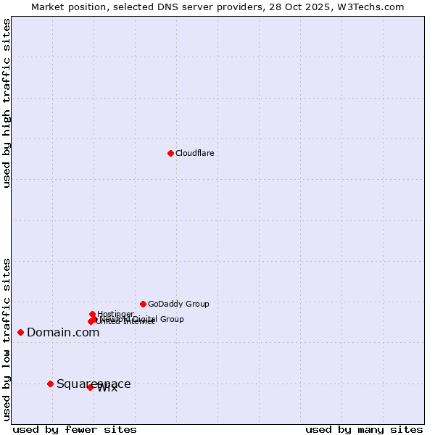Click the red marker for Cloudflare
(170, 153)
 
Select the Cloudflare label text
(194, 153)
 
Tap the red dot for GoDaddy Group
(143, 304)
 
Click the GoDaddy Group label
(178, 304)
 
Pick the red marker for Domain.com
(20, 332)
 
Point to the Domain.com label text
(63, 332)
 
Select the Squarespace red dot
(50, 384)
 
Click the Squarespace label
(94, 384)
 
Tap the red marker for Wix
(90, 387)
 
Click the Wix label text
(107, 388)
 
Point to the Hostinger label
(115, 314)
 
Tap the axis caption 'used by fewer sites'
(75, 429)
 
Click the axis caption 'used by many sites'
(364, 429)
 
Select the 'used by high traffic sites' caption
(7, 103)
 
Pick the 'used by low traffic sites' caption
(7, 339)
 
